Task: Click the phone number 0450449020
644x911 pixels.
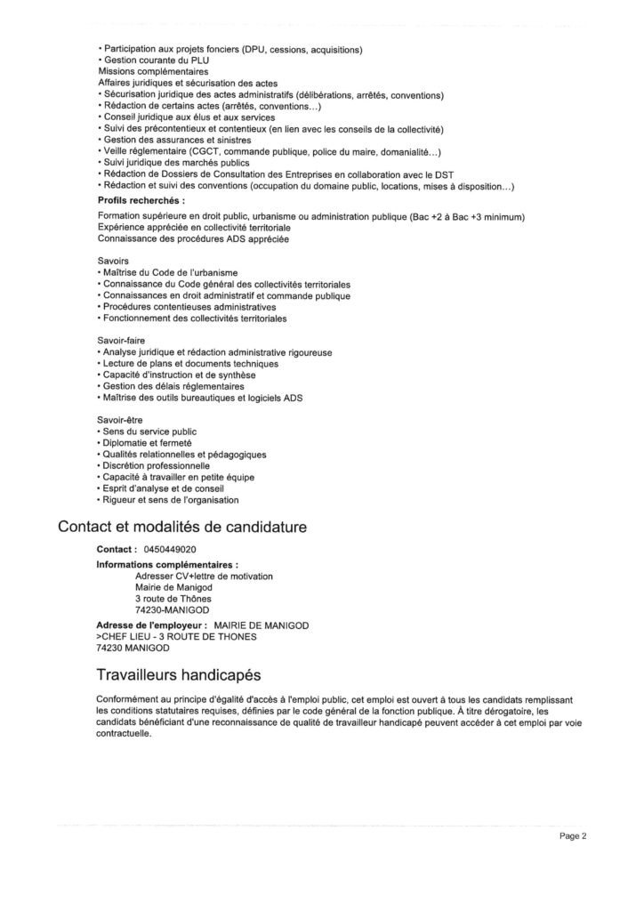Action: (x=170, y=550)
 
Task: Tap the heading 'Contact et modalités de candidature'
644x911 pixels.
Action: (x=182, y=526)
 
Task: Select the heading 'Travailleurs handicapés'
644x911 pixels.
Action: (x=177, y=673)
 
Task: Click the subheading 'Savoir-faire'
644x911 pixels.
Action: (x=120, y=341)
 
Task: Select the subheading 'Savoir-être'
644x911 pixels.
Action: (x=119, y=419)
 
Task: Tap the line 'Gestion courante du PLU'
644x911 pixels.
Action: (x=147, y=59)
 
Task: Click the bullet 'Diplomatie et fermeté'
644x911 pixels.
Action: (x=147, y=442)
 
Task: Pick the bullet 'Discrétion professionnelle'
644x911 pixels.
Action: (x=156, y=465)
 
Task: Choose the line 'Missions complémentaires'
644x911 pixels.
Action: (x=153, y=70)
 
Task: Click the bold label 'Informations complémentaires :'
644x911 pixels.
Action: (x=167, y=564)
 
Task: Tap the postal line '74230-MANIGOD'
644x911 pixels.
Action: (x=173, y=610)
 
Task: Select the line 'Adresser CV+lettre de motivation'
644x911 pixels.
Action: (x=204, y=576)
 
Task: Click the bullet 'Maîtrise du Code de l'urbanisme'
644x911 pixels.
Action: (x=170, y=272)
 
